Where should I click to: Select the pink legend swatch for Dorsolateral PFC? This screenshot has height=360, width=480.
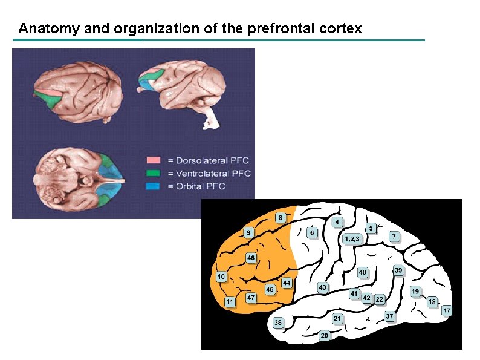pos(154,160)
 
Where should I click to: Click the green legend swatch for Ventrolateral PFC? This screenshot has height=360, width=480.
pos(154,173)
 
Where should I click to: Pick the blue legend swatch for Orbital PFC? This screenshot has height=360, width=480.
pos(154,186)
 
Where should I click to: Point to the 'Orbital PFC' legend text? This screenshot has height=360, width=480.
pos(202,186)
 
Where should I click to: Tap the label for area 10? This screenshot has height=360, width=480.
pos(222,277)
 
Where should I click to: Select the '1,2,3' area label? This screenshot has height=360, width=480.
pos(352,238)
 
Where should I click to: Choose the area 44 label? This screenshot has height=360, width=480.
pos(287,283)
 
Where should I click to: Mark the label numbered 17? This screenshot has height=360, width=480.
pos(446,310)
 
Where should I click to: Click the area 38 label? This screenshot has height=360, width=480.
pos(277,322)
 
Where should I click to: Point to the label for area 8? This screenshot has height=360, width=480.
pos(280,217)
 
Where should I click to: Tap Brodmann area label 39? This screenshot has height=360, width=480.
pos(398,270)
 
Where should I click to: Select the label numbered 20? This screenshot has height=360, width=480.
pos(325,335)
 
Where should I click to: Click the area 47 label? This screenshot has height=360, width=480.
pos(251,298)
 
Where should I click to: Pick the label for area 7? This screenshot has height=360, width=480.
pos(394,236)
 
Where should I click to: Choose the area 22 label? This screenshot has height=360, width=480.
pos(380,299)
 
